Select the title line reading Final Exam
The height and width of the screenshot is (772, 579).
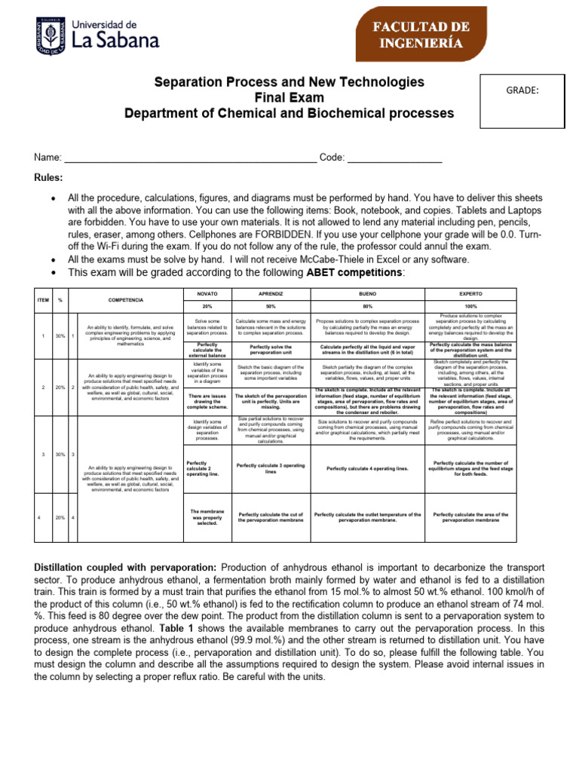point(289,97)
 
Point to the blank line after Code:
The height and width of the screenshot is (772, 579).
point(394,158)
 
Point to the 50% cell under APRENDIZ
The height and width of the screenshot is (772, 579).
point(270,306)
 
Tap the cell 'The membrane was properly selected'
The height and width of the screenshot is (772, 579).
point(206,517)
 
